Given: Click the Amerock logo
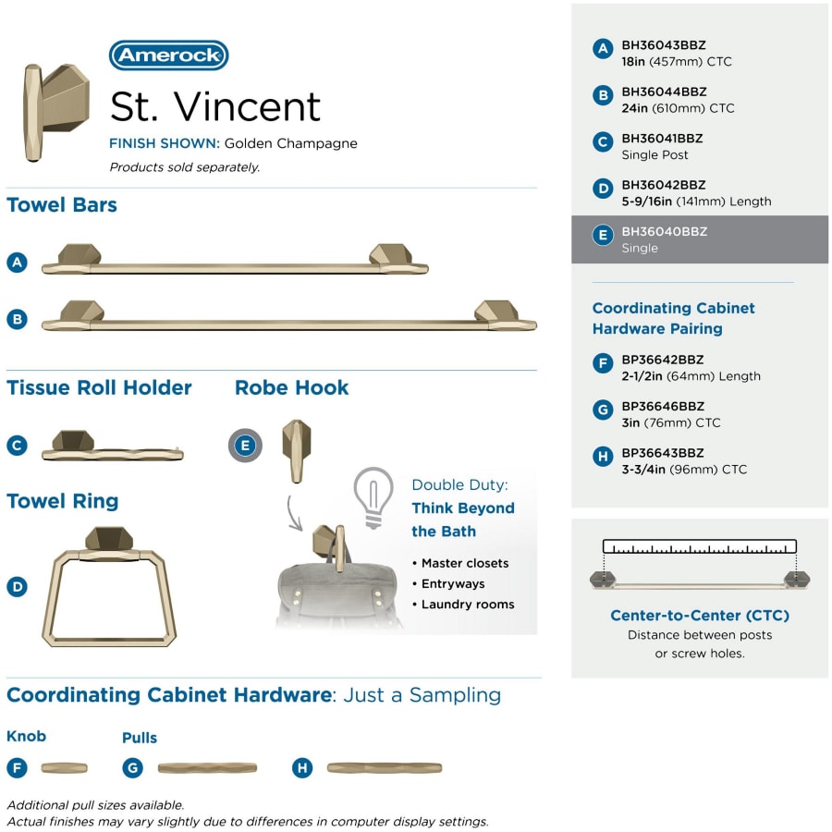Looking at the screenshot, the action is (169, 55).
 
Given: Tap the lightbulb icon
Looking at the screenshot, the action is (373, 497).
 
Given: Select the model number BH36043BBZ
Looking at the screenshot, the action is (663, 45).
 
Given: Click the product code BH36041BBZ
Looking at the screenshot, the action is (662, 139).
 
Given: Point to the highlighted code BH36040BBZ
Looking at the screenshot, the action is (665, 232).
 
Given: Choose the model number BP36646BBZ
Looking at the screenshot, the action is (663, 407).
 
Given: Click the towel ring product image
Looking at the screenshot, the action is (109, 586).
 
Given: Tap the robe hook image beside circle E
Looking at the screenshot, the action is (297, 451).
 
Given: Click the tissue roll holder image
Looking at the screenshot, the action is (113, 446).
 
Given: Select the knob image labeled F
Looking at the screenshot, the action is (64, 768).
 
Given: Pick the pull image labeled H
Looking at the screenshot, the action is (385, 768).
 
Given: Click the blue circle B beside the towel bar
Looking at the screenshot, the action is (17, 320).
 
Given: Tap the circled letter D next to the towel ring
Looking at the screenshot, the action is (17, 587).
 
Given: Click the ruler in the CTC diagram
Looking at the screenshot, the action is (700, 546).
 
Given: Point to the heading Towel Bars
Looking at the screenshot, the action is (62, 205).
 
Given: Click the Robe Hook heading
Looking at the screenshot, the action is (292, 388).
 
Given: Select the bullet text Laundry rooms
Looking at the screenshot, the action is (468, 605).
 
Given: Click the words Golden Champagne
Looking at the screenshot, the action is (291, 144).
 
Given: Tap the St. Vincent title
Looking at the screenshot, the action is (214, 106).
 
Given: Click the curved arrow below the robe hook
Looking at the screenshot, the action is (294, 513).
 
